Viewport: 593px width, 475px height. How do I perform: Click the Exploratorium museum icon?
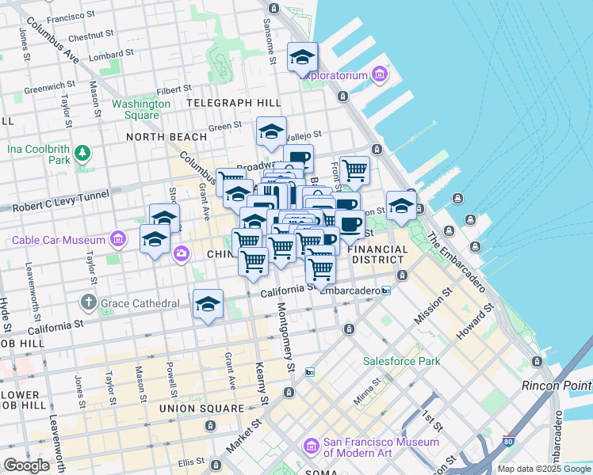pos(379,75)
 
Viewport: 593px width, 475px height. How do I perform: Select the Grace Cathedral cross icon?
pos(88,302)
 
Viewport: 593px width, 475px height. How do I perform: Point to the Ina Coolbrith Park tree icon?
pos(81,150)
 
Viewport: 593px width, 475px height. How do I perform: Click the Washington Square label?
pos(141,109)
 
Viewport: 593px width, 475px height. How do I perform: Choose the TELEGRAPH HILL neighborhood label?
pos(233,103)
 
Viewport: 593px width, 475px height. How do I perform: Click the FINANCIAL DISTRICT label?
pos(379,254)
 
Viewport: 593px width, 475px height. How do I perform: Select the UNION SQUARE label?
pos(201,408)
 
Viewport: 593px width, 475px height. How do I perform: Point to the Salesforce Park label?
pos(401,361)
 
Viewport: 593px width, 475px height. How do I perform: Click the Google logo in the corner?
pos(27,465)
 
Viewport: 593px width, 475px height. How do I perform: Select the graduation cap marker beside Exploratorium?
pos(302,57)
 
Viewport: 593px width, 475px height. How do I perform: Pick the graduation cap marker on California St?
pos(208,304)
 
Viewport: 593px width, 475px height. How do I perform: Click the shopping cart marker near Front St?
pos(354,169)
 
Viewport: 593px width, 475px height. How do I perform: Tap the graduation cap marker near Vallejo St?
pos(271,131)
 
